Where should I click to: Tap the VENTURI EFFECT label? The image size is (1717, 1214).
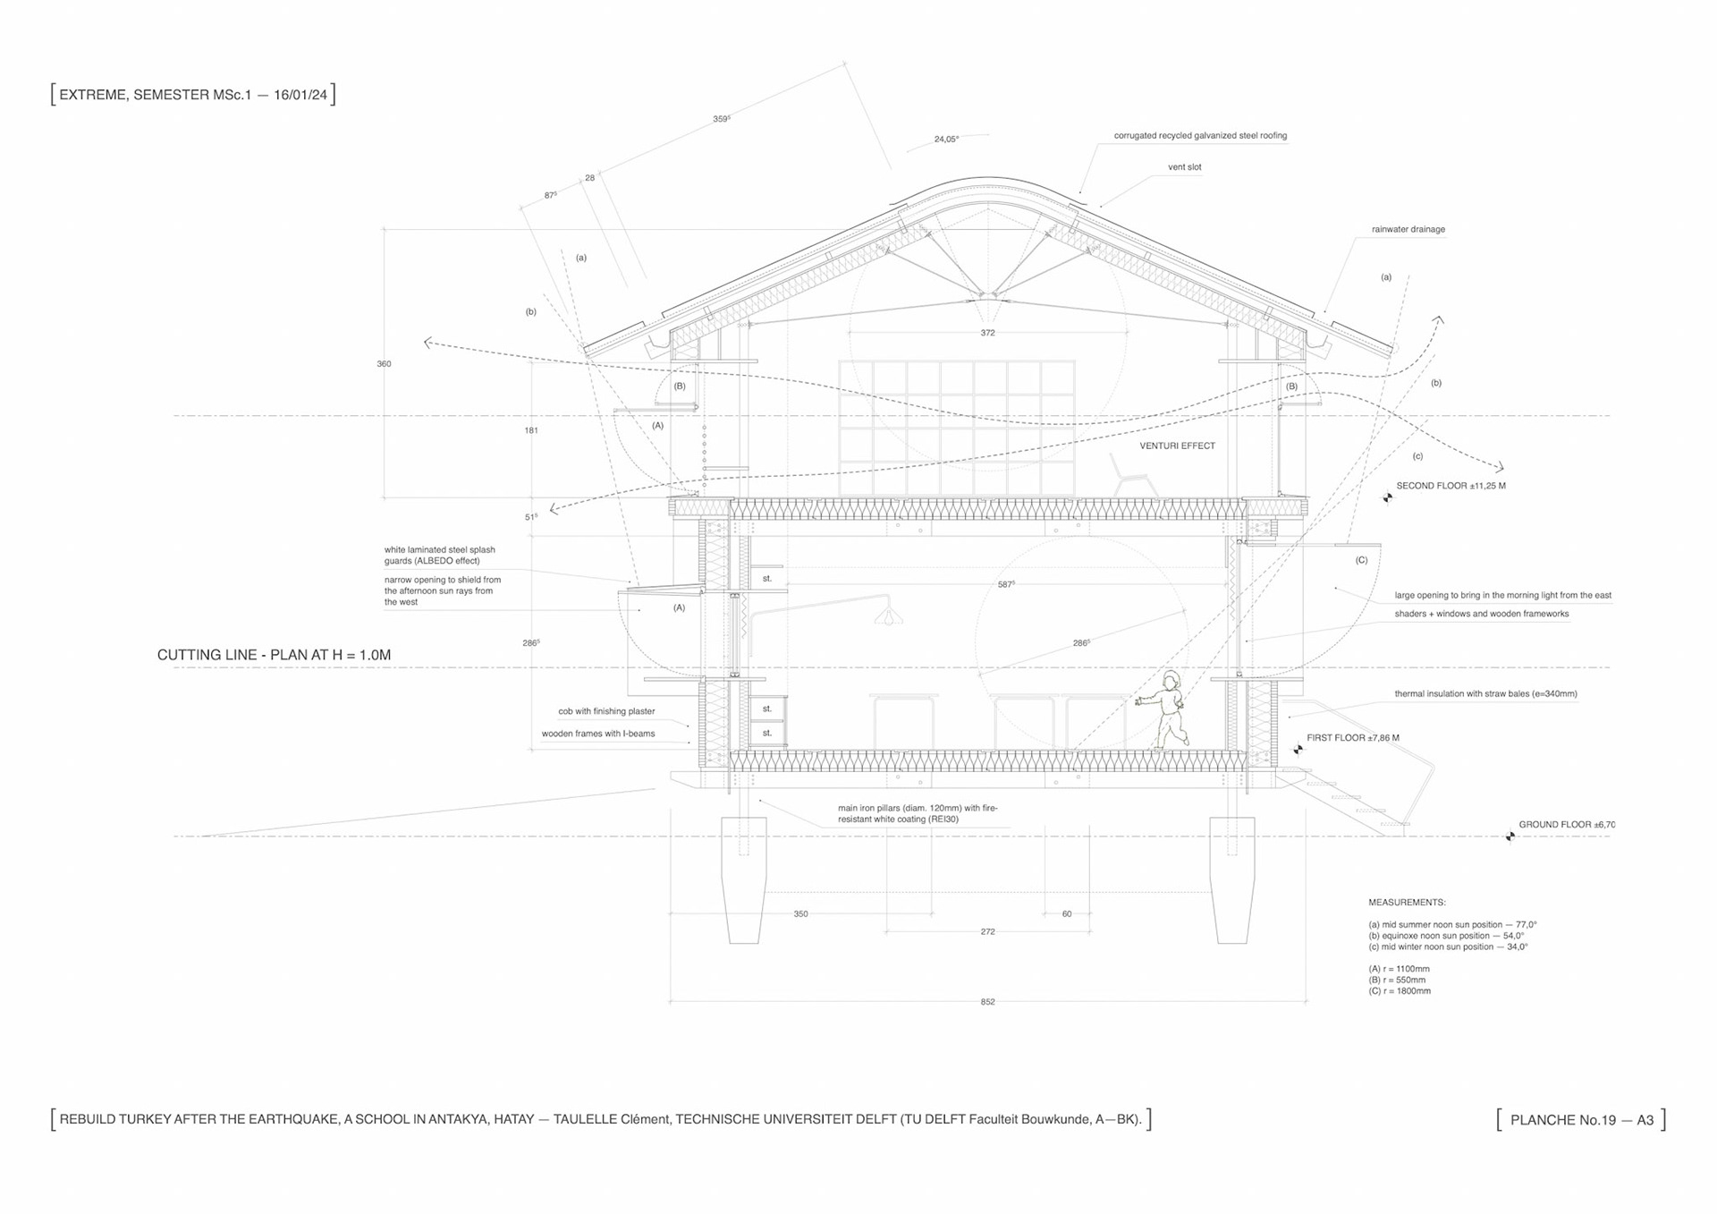1177,446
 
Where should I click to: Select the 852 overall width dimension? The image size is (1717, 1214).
987,1002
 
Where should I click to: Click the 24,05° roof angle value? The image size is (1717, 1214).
946,140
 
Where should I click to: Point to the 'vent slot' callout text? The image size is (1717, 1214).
1184,167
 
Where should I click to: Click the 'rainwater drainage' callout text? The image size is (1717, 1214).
1408,230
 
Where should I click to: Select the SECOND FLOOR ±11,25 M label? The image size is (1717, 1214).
1451,486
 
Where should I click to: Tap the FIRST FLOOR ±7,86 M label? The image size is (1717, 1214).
1352,738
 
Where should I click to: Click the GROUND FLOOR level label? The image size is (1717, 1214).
1566,825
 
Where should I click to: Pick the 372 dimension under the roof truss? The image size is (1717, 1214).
987,333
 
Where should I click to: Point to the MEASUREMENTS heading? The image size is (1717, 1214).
1407,903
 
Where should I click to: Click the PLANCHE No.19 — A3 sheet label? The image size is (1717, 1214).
1581,1120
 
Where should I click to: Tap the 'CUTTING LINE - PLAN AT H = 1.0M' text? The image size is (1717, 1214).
274,655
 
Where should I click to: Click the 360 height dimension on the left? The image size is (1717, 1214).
384,364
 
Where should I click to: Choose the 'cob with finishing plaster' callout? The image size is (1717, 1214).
606,711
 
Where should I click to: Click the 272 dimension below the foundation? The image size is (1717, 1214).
987,931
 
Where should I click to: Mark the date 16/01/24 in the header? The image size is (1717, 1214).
300,95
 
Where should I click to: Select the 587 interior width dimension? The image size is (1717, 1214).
1006,585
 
